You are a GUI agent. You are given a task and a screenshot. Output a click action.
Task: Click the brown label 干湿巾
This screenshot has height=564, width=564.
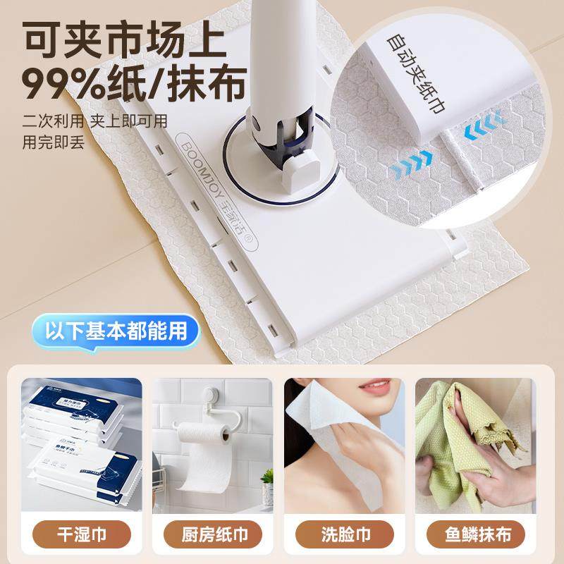(80, 534)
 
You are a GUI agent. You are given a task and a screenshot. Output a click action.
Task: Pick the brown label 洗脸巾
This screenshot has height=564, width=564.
(344, 534)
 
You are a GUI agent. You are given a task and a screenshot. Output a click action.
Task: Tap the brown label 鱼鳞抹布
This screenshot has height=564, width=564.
(476, 534)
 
